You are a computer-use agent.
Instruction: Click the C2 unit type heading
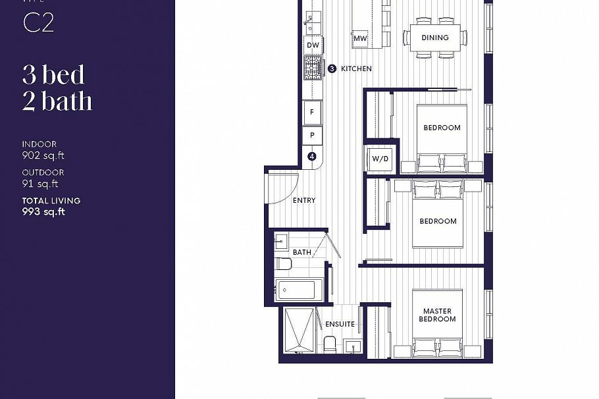pyautogui.click(x=38, y=23)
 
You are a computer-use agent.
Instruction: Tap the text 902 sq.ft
pyautogui.click(x=43, y=156)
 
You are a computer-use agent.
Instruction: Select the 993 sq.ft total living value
pyautogui.click(x=43, y=212)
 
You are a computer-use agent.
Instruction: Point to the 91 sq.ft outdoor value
pyautogui.click(x=40, y=184)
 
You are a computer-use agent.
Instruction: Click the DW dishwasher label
pyautogui.click(x=313, y=45)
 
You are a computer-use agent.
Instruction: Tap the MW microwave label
pyautogui.click(x=360, y=39)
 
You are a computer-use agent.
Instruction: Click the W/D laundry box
pyautogui.click(x=380, y=159)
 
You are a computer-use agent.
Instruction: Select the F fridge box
pyautogui.click(x=312, y=112)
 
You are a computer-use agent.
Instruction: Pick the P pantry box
pyautogui.click(x=312, y=135)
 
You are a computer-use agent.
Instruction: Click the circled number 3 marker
pyautogui.click(x=332, y=68)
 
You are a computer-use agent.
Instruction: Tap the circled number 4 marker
pyautogui.click(x=312, y=157)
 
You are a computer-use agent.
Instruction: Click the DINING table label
pyautogui.click(x=435, y=38)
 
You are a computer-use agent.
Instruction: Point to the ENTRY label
pyautogui.click(x=304, y=200)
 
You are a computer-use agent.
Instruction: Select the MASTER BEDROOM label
pyautogui.click(x=438, y=315)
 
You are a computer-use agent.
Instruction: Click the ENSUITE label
pyautogui.click(x=340, y=324)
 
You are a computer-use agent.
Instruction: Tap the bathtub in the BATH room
pyautogui.click(x=298, y=290)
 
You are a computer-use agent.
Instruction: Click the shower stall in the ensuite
pyautogui.click(x=300, y=331)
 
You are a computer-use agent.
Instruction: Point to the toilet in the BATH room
pyautogui.click(x=284, y=264)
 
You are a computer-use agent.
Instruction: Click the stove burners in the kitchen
pyautogui.click(x=313, y=66)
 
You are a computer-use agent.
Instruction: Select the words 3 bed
pyautogui.click(x=54, y=75)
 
